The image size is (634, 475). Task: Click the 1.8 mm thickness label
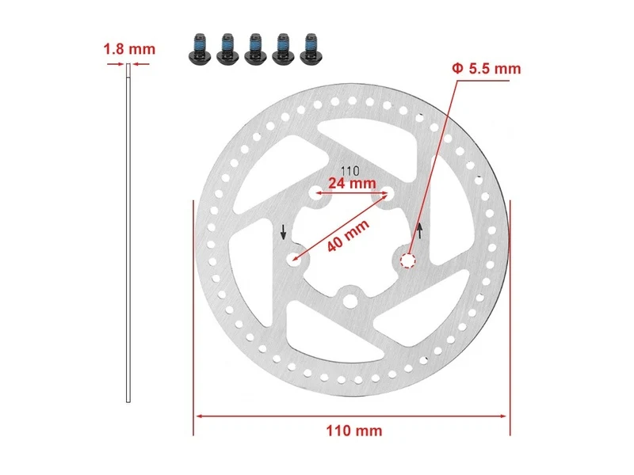[129, 49]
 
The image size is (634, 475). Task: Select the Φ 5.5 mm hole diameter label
[487, 69]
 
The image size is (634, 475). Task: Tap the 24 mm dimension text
[352, 183]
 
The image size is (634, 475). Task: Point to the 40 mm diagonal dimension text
[348, 235]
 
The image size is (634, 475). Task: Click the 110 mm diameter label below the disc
[354, 431]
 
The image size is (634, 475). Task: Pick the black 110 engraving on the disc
[350, 171]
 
